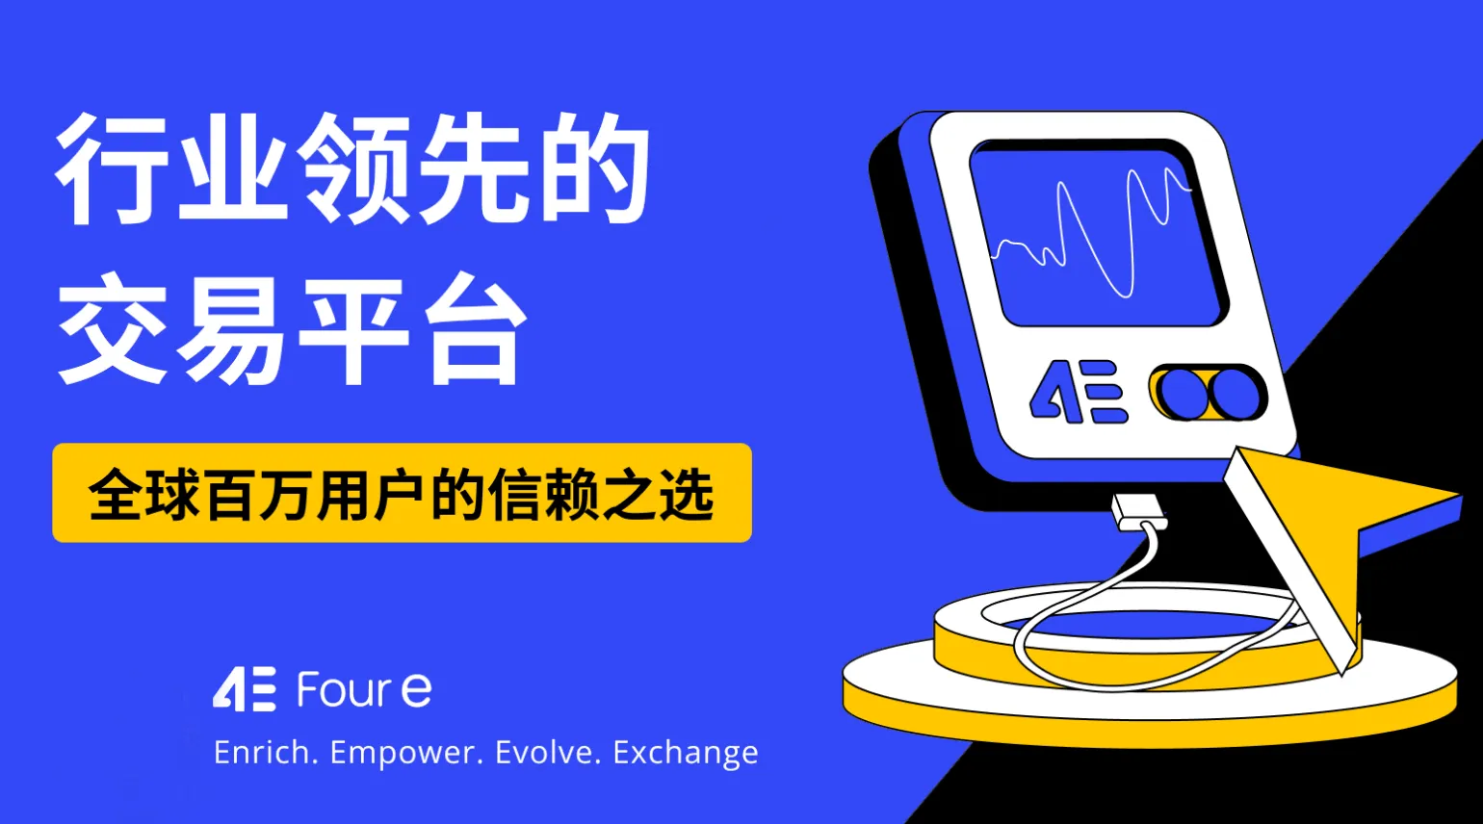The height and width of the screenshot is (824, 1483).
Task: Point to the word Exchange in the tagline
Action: click(685, 754)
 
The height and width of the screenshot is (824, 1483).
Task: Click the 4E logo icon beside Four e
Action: click(245, 689)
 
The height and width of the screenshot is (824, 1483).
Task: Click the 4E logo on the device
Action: click(1078, 392)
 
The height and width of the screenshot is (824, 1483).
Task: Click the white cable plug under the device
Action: click(1137, 513)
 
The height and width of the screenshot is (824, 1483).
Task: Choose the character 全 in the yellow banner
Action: click(117, 495)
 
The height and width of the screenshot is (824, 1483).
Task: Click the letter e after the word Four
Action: click(415, 690)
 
